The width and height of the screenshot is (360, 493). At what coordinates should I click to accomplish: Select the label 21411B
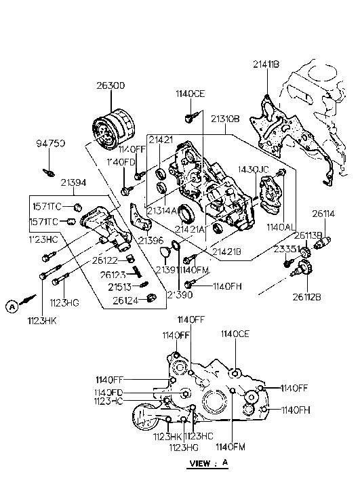click(265, 64)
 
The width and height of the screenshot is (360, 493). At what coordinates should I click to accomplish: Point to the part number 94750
click(51, 144)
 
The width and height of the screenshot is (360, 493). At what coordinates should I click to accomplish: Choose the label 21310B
click(225, 119)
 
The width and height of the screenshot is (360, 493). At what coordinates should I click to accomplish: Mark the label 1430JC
click(254, 168)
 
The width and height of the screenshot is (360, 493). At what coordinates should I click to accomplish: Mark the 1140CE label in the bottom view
click(235, 334)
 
